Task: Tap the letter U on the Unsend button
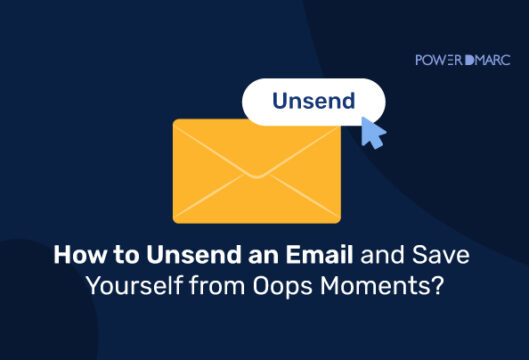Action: point(278,103)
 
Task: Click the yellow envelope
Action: point(256,170)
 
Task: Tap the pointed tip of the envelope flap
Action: point(257,176)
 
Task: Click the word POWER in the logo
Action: point(439,60)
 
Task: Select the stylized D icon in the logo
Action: point(470,60)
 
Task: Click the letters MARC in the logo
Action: point(493,60)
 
